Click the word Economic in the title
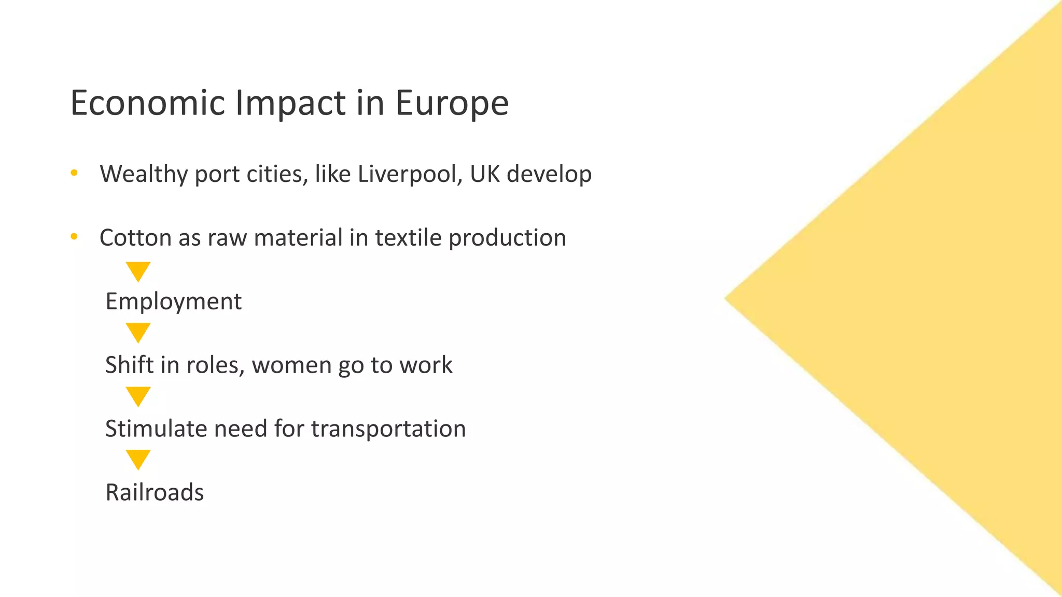coord(147,103)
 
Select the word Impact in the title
coord(290,103)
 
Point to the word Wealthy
coord(144,174)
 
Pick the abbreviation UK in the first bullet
coord(485,174)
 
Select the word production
coord(507,238)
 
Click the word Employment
coord(173,302)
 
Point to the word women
coord(292,365)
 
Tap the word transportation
coord(388,429)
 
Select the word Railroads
coord(155,492)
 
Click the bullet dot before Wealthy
coord(74,173)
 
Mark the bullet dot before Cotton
coord(74,237)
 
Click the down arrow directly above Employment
coord(138,271)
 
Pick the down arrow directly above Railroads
coord(138,459)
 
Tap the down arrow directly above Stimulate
coord(138,396)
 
